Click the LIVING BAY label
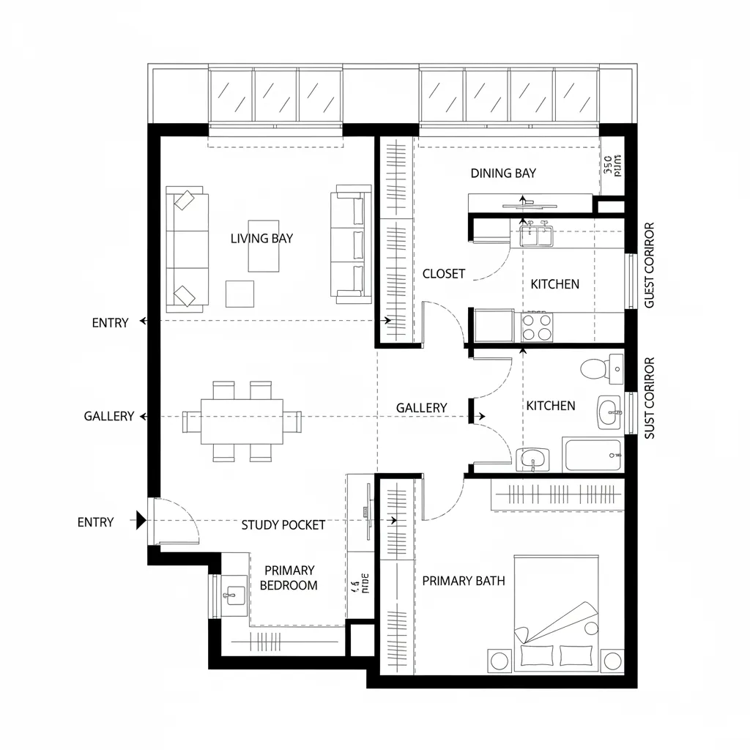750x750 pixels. [261, 238]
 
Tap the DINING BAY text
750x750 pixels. [503, 173]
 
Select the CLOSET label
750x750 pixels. [444, 274]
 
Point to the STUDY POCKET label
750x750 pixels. [283, 524]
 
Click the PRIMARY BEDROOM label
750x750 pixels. [289, 577]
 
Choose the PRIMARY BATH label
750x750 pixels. [464, 581]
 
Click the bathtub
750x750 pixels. [593, 455]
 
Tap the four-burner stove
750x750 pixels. [536, 326]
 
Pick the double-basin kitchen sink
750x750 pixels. [536, 235]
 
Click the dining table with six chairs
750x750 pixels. [242, 421]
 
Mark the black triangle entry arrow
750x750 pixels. [141, 521]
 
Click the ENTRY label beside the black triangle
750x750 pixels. [95, 522]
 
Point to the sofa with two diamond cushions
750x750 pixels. [187, 248]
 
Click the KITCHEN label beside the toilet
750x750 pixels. [550, 406]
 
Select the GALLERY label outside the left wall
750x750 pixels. [108, 416]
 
